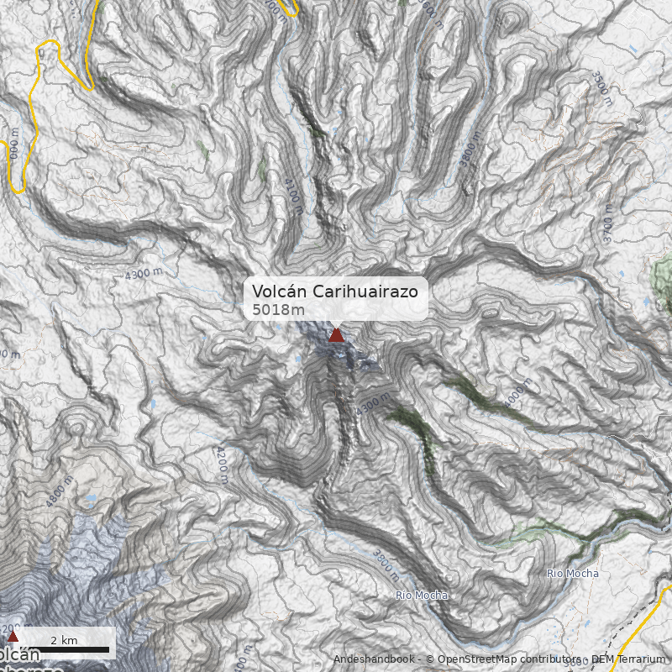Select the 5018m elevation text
tap(278, 310)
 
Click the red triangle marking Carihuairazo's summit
tap(336, 335)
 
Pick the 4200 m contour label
tap(221, 465)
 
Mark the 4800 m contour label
tap(60, 491)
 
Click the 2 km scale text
tap(64, 640)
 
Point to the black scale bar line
tap(64, 650)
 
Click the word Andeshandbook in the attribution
tap(374, 659)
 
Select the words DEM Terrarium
tap(628, 659)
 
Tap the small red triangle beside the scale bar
tap(13, 637)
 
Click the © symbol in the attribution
tap(430, 659)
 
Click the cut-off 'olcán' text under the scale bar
tap(18, 655)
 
